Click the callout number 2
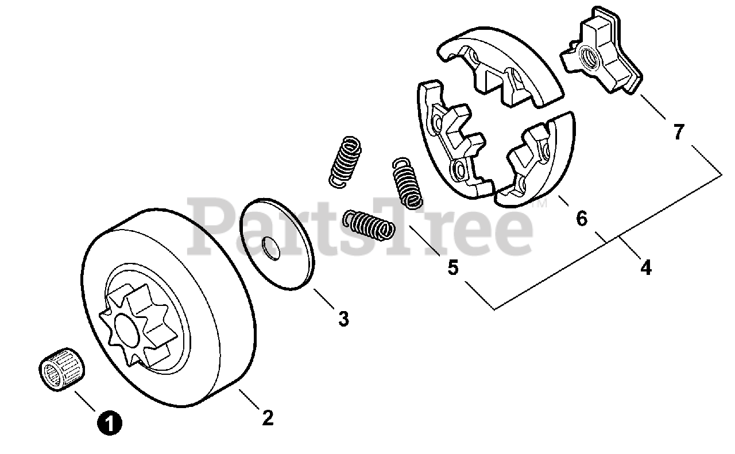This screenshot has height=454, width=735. [x=267, y=418]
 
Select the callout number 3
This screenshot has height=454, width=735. [x=343, y=319]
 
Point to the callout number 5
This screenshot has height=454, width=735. [x=454, y=267]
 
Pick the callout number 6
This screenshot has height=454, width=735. [x=582, y=219]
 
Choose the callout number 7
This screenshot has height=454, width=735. [x=679, y=132]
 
